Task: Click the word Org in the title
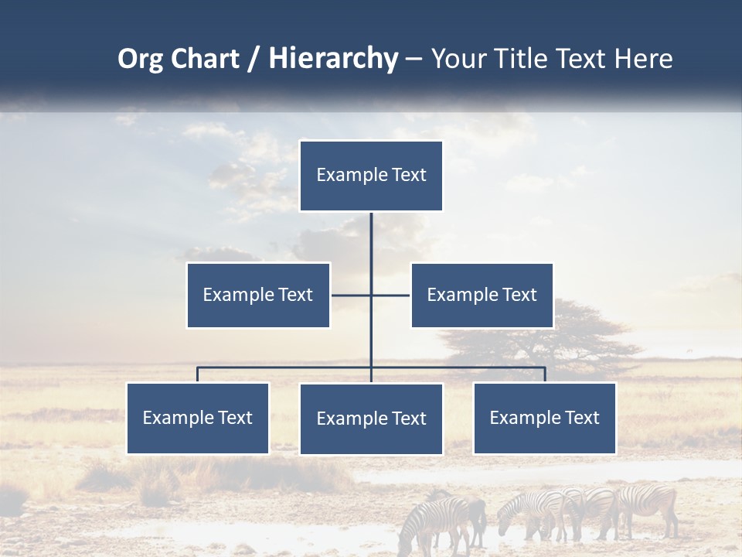[141, 59]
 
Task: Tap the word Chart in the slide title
[203, 59]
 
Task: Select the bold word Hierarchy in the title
[333, 59]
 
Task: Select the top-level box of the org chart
[371, 176]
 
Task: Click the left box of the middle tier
[258, 295]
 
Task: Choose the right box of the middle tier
[482, 295]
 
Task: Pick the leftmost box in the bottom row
[198, 419]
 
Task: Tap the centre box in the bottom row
[371, 419]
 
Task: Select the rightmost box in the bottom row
[545, 419]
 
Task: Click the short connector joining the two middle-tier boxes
[390, 295]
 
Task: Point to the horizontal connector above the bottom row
[286, 367]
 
